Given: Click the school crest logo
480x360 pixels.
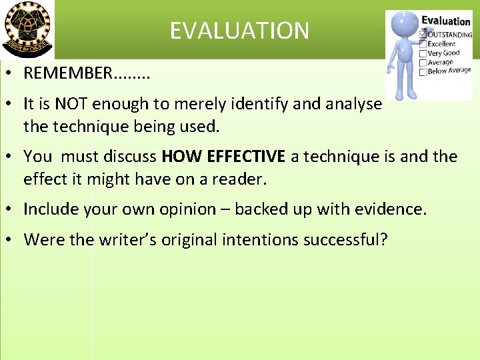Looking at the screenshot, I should [x=27, y=29].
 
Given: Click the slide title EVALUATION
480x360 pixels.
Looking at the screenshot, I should [x=239, y=31].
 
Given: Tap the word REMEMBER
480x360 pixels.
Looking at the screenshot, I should [x=68, y=73].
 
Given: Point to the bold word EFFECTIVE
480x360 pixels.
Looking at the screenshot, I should [x=246, y=157].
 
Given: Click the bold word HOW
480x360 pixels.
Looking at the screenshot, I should [x=182, y=157].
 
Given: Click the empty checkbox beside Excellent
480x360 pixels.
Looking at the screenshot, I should [x=422, y=44].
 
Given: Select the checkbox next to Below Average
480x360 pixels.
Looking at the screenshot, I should [x=423, y=71].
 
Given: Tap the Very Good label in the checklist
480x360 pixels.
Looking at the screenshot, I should [x=444, y=53].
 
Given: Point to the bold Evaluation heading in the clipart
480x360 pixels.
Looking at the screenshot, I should [x=445, y=21].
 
